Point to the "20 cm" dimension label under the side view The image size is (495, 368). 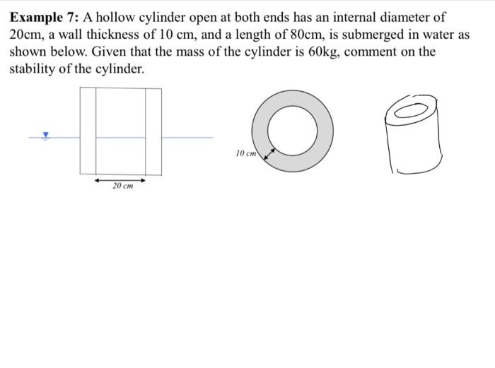[122, 186]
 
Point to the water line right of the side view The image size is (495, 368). [187, 137]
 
